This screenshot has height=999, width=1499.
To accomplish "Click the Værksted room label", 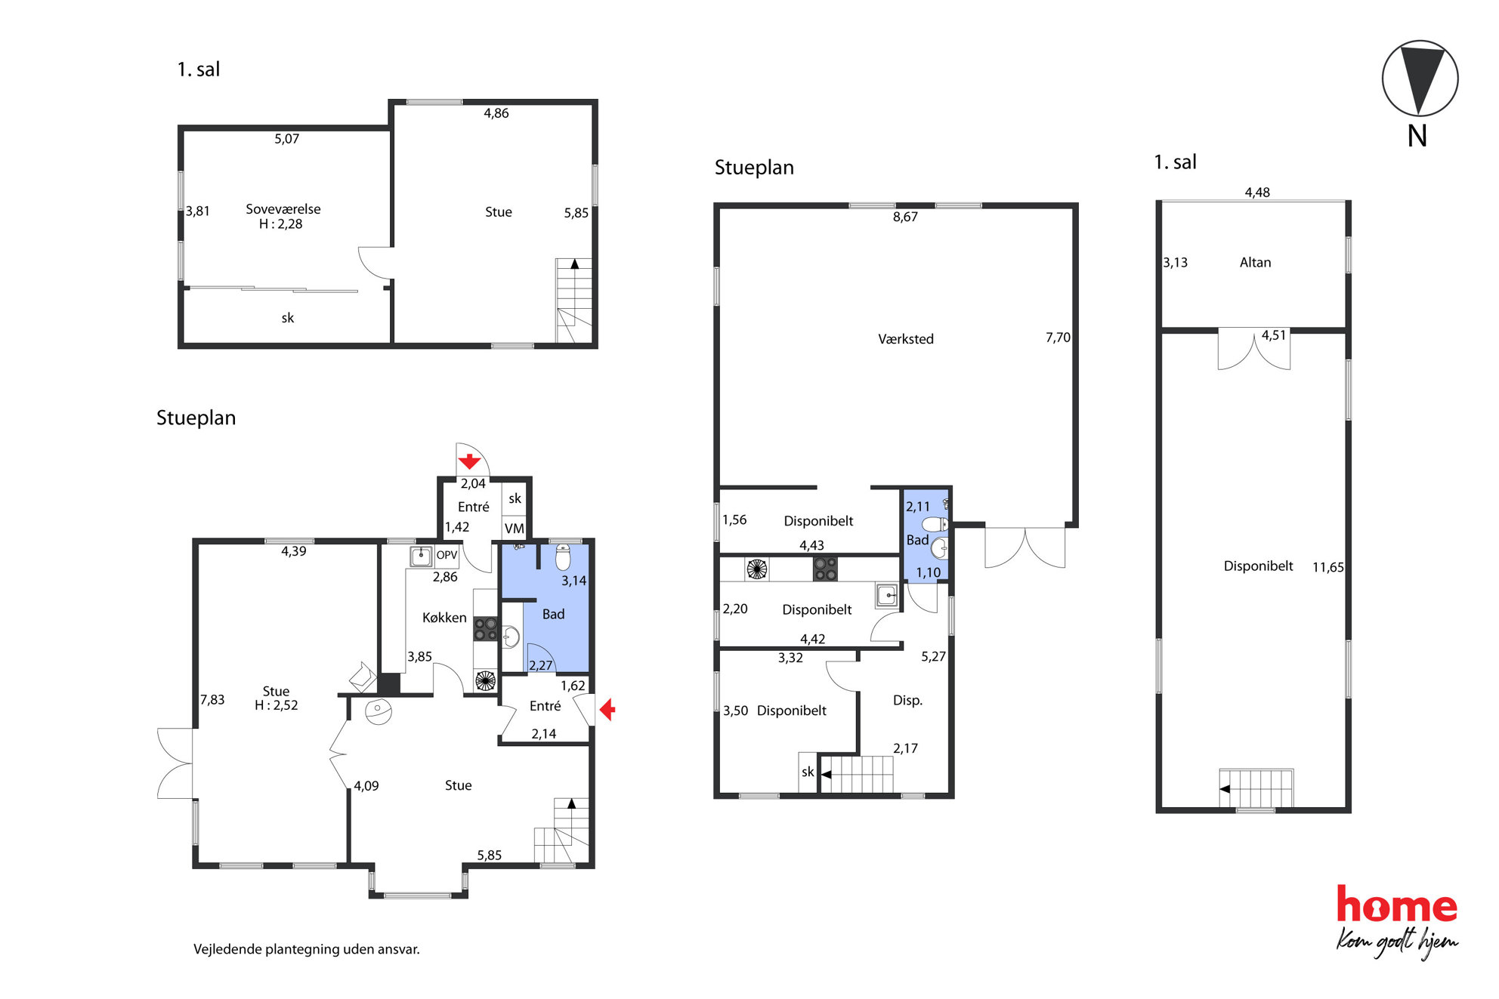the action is pyautogui.click(x=905, y=339).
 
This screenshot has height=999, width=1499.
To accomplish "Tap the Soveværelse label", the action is pyautogui.click(x=283, y=209).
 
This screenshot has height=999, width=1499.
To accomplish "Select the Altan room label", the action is pyautogui.click(x=1255, y=262).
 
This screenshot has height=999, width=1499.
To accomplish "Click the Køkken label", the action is pyautogui.click(x=444, y=617).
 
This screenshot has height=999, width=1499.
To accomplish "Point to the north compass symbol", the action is pyautogui.click(x=1420, y=78).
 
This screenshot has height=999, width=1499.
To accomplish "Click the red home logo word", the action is pyautogui.click(x=1397, y=905).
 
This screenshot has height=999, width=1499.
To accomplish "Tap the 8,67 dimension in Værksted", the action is pyautogui.click(x=905, y=217).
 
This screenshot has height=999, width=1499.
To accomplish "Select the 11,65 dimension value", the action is pyautogui.click(x=1327, y=567).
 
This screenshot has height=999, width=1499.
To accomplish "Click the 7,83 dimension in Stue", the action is pyautogui.click(x=212, y=699).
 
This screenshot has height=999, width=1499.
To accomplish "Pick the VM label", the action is pyautogui.click(x=515, y=529).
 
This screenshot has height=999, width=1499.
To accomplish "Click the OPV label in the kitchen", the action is pyautogui.click(x=447, y=555).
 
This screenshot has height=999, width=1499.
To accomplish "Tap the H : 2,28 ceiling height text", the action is pyautogui.click(x=280, y=224).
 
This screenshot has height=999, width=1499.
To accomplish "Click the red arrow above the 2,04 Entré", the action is pyautogui.click(x=469, y=461).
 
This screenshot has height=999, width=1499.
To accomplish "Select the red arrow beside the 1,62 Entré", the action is pyautogui.click(x=607, y=710).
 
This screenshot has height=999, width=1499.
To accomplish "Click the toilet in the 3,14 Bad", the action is pyautogui.click(x=563, y=557).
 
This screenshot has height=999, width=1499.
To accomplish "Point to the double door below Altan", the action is pyautogui.click(x=1254, y=349).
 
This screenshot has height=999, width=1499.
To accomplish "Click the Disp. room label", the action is pyautogui.click(x=907, y=701).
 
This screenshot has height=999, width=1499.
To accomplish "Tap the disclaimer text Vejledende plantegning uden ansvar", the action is pyautogui.click(x=307, y=949).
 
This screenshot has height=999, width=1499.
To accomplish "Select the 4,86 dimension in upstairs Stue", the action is pyautogui.click(x=496, y=113).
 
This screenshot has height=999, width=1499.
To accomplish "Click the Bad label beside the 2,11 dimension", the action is pyautogui.click(x=917, y=540).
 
